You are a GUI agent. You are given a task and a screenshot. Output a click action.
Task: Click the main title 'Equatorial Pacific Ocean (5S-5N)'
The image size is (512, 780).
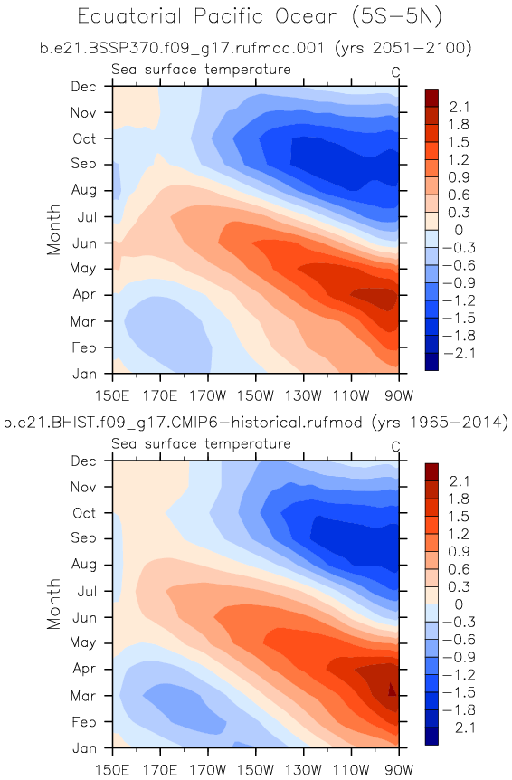(x=260, y=17)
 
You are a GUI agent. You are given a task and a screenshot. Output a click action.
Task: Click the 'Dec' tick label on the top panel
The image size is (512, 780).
(x=83, y=87)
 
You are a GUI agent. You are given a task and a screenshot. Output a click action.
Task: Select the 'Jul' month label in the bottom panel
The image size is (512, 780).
(x=87, y=592)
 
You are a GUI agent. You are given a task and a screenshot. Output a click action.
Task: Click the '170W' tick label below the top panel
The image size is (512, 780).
(x=208, y=396)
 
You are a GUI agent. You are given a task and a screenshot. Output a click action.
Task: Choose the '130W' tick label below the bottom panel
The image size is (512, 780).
(x=303, y=771)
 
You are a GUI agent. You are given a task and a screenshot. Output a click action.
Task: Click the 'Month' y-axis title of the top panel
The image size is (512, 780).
(x=53, y=229)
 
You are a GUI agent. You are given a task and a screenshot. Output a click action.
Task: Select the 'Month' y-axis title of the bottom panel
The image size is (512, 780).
(x=53, y=604)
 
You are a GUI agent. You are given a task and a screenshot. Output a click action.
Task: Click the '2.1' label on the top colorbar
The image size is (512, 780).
(x=459, y=107)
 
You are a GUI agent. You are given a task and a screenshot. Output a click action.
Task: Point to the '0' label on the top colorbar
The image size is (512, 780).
(x=459, y=230)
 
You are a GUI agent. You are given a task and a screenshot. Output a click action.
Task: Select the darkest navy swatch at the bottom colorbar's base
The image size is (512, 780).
(x=432, y=736)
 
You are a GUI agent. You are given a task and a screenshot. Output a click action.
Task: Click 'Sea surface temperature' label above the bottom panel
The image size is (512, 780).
(x=201, y=443)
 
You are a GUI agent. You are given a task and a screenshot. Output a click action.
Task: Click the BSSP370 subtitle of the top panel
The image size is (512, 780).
(x=255, y=48)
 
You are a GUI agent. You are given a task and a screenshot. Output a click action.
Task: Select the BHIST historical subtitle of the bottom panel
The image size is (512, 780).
(x=255, y=423)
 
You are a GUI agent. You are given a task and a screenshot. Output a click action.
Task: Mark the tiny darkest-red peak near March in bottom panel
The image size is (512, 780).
(x=392, y=690)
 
